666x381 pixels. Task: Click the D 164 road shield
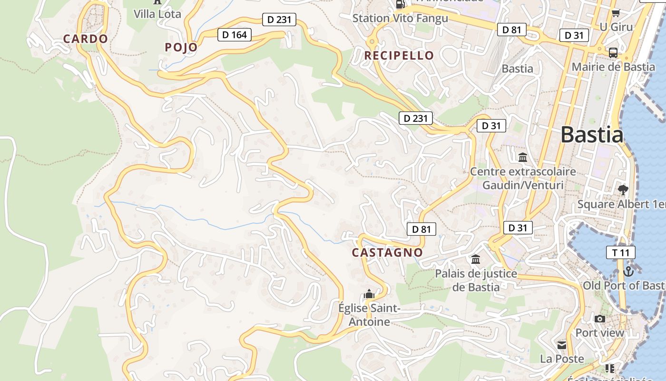coord(235,35)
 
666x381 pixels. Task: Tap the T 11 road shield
coord(621,253)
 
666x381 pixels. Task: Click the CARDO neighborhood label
coord(86,39)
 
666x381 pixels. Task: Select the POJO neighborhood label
coord(181,47)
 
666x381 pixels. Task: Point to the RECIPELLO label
coord(399,56)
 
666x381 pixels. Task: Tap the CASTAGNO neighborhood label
coord(387,253)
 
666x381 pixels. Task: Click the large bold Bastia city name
coord(592,135)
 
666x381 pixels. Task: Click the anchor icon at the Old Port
coord(628,271)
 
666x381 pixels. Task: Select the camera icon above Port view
coord(599,319)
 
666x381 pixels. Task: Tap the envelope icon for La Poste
coord(562,345)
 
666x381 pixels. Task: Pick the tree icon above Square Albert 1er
coord(622,190)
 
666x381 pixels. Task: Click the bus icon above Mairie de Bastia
coord(613,52)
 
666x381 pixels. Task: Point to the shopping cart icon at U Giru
coord(616,13)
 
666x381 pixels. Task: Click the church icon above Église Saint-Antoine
coord(369,294)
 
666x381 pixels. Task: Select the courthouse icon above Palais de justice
coord(475,260)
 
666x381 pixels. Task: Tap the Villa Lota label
coord(157,14)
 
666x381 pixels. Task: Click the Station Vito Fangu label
coord(400,19)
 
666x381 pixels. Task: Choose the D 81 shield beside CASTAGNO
coord(421,230)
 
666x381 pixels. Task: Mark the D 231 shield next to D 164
coord(279,20)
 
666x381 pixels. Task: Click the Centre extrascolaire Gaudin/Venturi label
coord(523,178)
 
